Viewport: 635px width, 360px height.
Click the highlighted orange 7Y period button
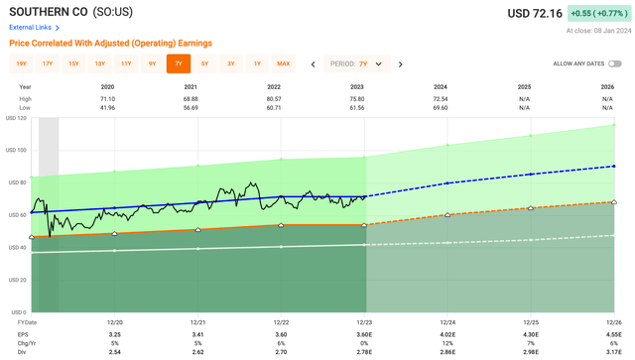[x=179, y=63]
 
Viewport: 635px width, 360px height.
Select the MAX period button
[x=284, y=63]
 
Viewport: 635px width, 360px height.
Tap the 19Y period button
[x=21, y=63]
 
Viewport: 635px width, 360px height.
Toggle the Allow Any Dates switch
[x=615, y=63]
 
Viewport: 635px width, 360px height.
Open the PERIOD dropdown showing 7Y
[x=356, y=63]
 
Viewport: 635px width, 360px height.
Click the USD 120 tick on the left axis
[x=19, y=118]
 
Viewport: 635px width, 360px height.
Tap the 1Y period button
[x=257, y=63]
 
